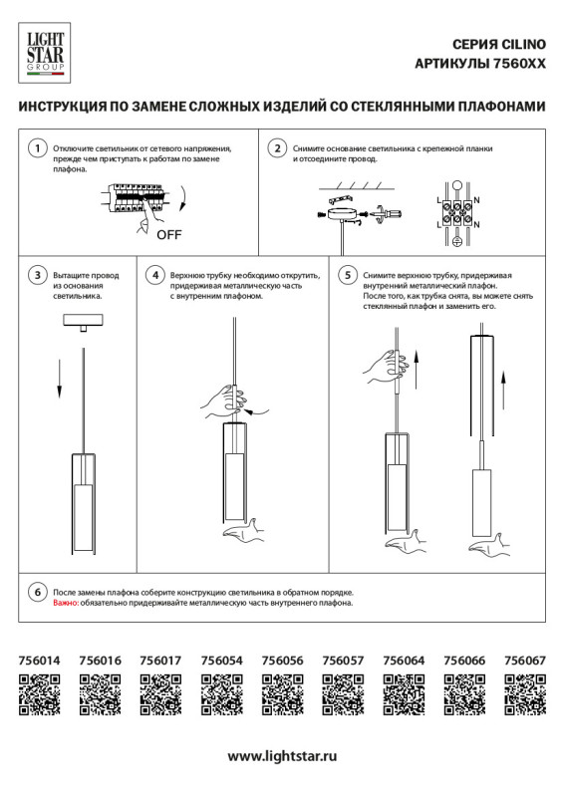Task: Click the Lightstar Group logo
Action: [43, 52]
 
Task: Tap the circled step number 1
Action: [36, 149]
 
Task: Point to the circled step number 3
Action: [36, 275]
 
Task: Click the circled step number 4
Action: [154, 275]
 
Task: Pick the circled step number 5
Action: [348, 275]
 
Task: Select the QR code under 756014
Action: [40, 694]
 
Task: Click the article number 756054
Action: [221, 660]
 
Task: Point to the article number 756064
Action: [404, 660]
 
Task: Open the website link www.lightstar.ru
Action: [281, 756]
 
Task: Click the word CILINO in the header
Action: [521, 45]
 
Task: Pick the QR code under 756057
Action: [343, 694]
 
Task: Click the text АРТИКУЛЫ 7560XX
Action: [479, 63]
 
